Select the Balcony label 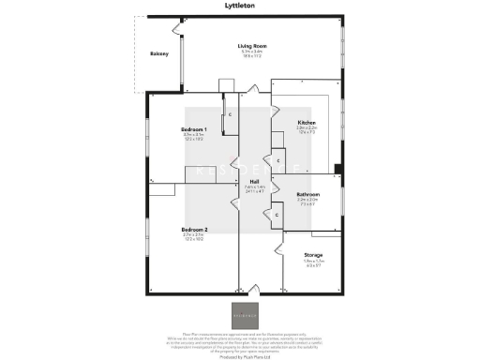coord(159,54)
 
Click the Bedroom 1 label coord(193,128)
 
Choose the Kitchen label coord(306,124)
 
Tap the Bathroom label coord(308,195)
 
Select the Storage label coord(313,255)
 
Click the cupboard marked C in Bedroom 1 coord(230,115)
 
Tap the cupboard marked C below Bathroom coord(277,217)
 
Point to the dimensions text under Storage coord(313,264)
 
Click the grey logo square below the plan coord(241,313)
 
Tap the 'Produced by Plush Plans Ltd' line coord(240,357)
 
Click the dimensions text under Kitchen coord(306,132)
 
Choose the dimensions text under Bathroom coord(308,203)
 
